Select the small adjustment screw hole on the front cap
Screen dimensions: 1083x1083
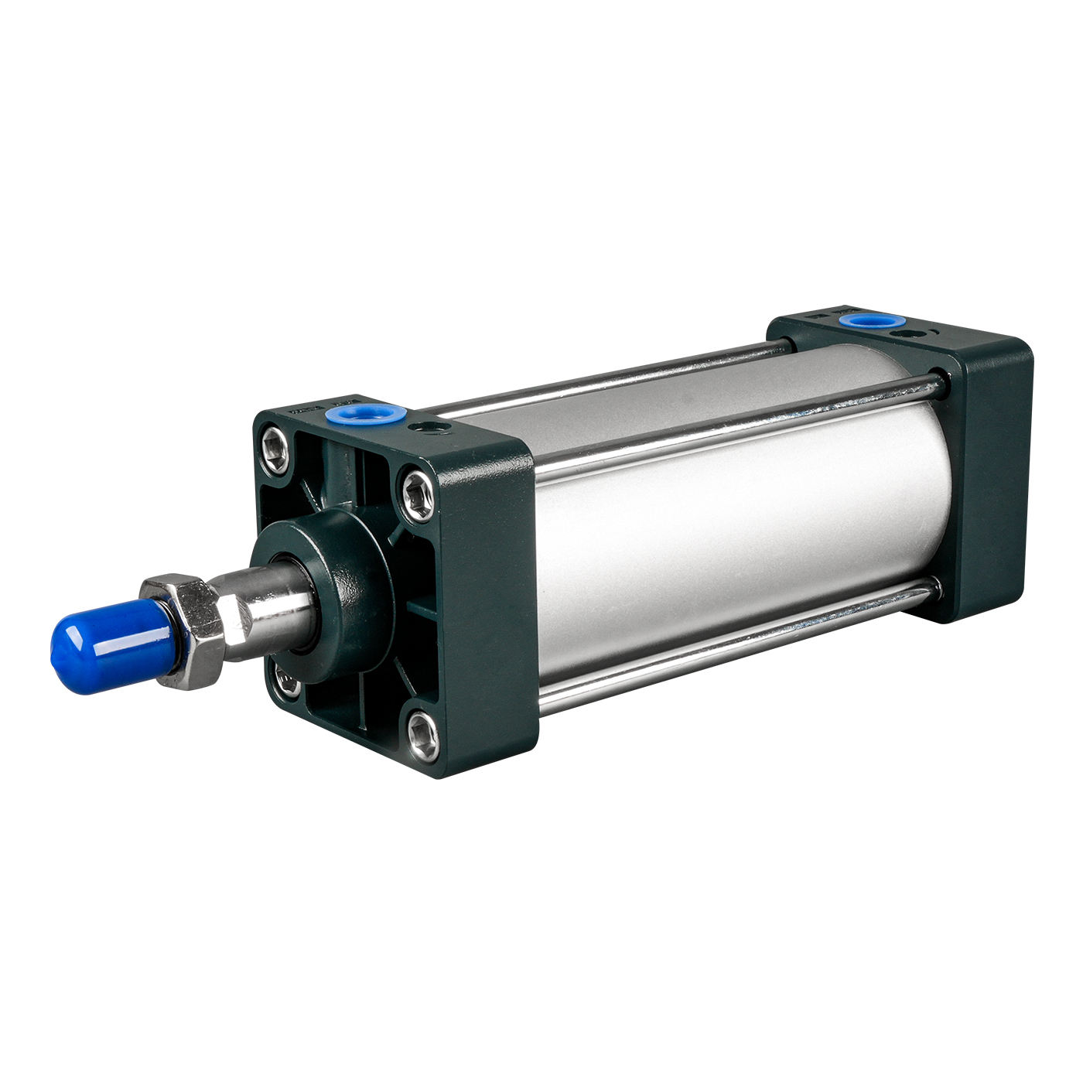pyautogui.click(x=425, y=428)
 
